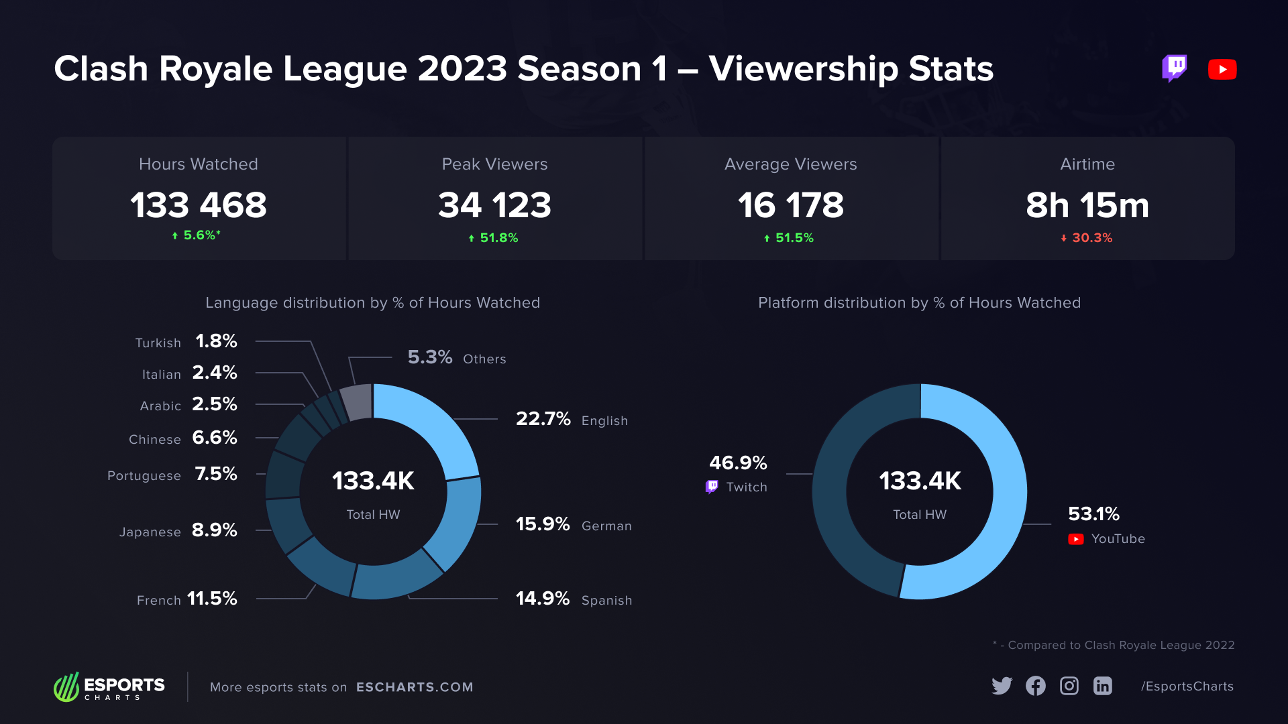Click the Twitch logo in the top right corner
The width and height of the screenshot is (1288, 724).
point(1174,68)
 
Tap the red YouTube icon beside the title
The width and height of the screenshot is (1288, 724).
point(1222,69)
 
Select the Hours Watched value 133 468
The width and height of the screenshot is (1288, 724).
point(199,205)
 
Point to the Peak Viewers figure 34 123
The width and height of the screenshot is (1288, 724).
point(494,205)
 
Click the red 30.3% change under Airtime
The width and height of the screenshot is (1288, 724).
point(1087,238)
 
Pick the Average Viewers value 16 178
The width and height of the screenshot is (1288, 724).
point(791,205)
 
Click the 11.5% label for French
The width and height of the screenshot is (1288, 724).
point(212,599)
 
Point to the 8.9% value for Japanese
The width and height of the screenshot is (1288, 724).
point(215,530)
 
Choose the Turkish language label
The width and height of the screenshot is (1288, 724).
point(158,343)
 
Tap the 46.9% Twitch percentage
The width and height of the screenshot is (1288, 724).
point(738,463)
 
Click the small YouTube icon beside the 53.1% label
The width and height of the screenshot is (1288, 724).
point(1075,539)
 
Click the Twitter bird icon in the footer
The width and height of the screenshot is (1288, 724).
point(1002,686)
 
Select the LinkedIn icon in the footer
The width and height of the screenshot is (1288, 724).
point(1102,686)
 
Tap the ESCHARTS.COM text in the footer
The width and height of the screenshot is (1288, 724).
point(415,687)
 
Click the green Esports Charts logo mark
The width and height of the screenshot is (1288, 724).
point(66,687)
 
